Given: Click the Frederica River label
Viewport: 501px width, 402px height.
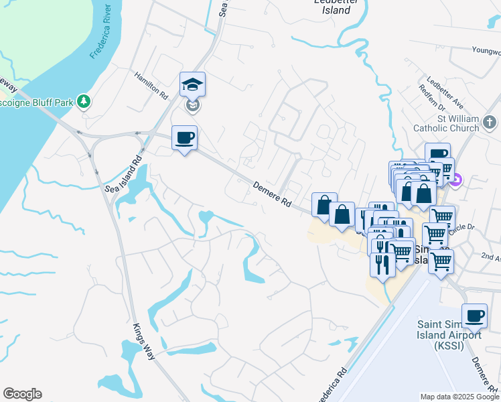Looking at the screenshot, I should pos(104,33).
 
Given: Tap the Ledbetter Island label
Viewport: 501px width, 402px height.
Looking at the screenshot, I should pos(332,6).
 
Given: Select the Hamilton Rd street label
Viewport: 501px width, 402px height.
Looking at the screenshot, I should pos(150,86).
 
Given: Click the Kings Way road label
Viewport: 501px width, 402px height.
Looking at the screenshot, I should pos(144,341).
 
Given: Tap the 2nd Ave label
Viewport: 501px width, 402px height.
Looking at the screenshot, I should pos(491,257).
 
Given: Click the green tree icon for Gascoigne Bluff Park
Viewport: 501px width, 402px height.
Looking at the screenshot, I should pos(84,102).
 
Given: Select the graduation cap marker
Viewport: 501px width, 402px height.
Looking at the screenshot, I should pos(192,85).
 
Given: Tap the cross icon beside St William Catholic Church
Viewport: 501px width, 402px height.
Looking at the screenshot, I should pos(490,123).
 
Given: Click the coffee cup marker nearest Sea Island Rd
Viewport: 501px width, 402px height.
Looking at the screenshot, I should pos(185,138).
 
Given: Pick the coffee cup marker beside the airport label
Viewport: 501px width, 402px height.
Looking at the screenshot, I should pos(474,316).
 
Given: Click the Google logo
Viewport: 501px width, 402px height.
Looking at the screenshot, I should pos(22,394).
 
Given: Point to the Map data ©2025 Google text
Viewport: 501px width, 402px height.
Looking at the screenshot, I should pos(459,397).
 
